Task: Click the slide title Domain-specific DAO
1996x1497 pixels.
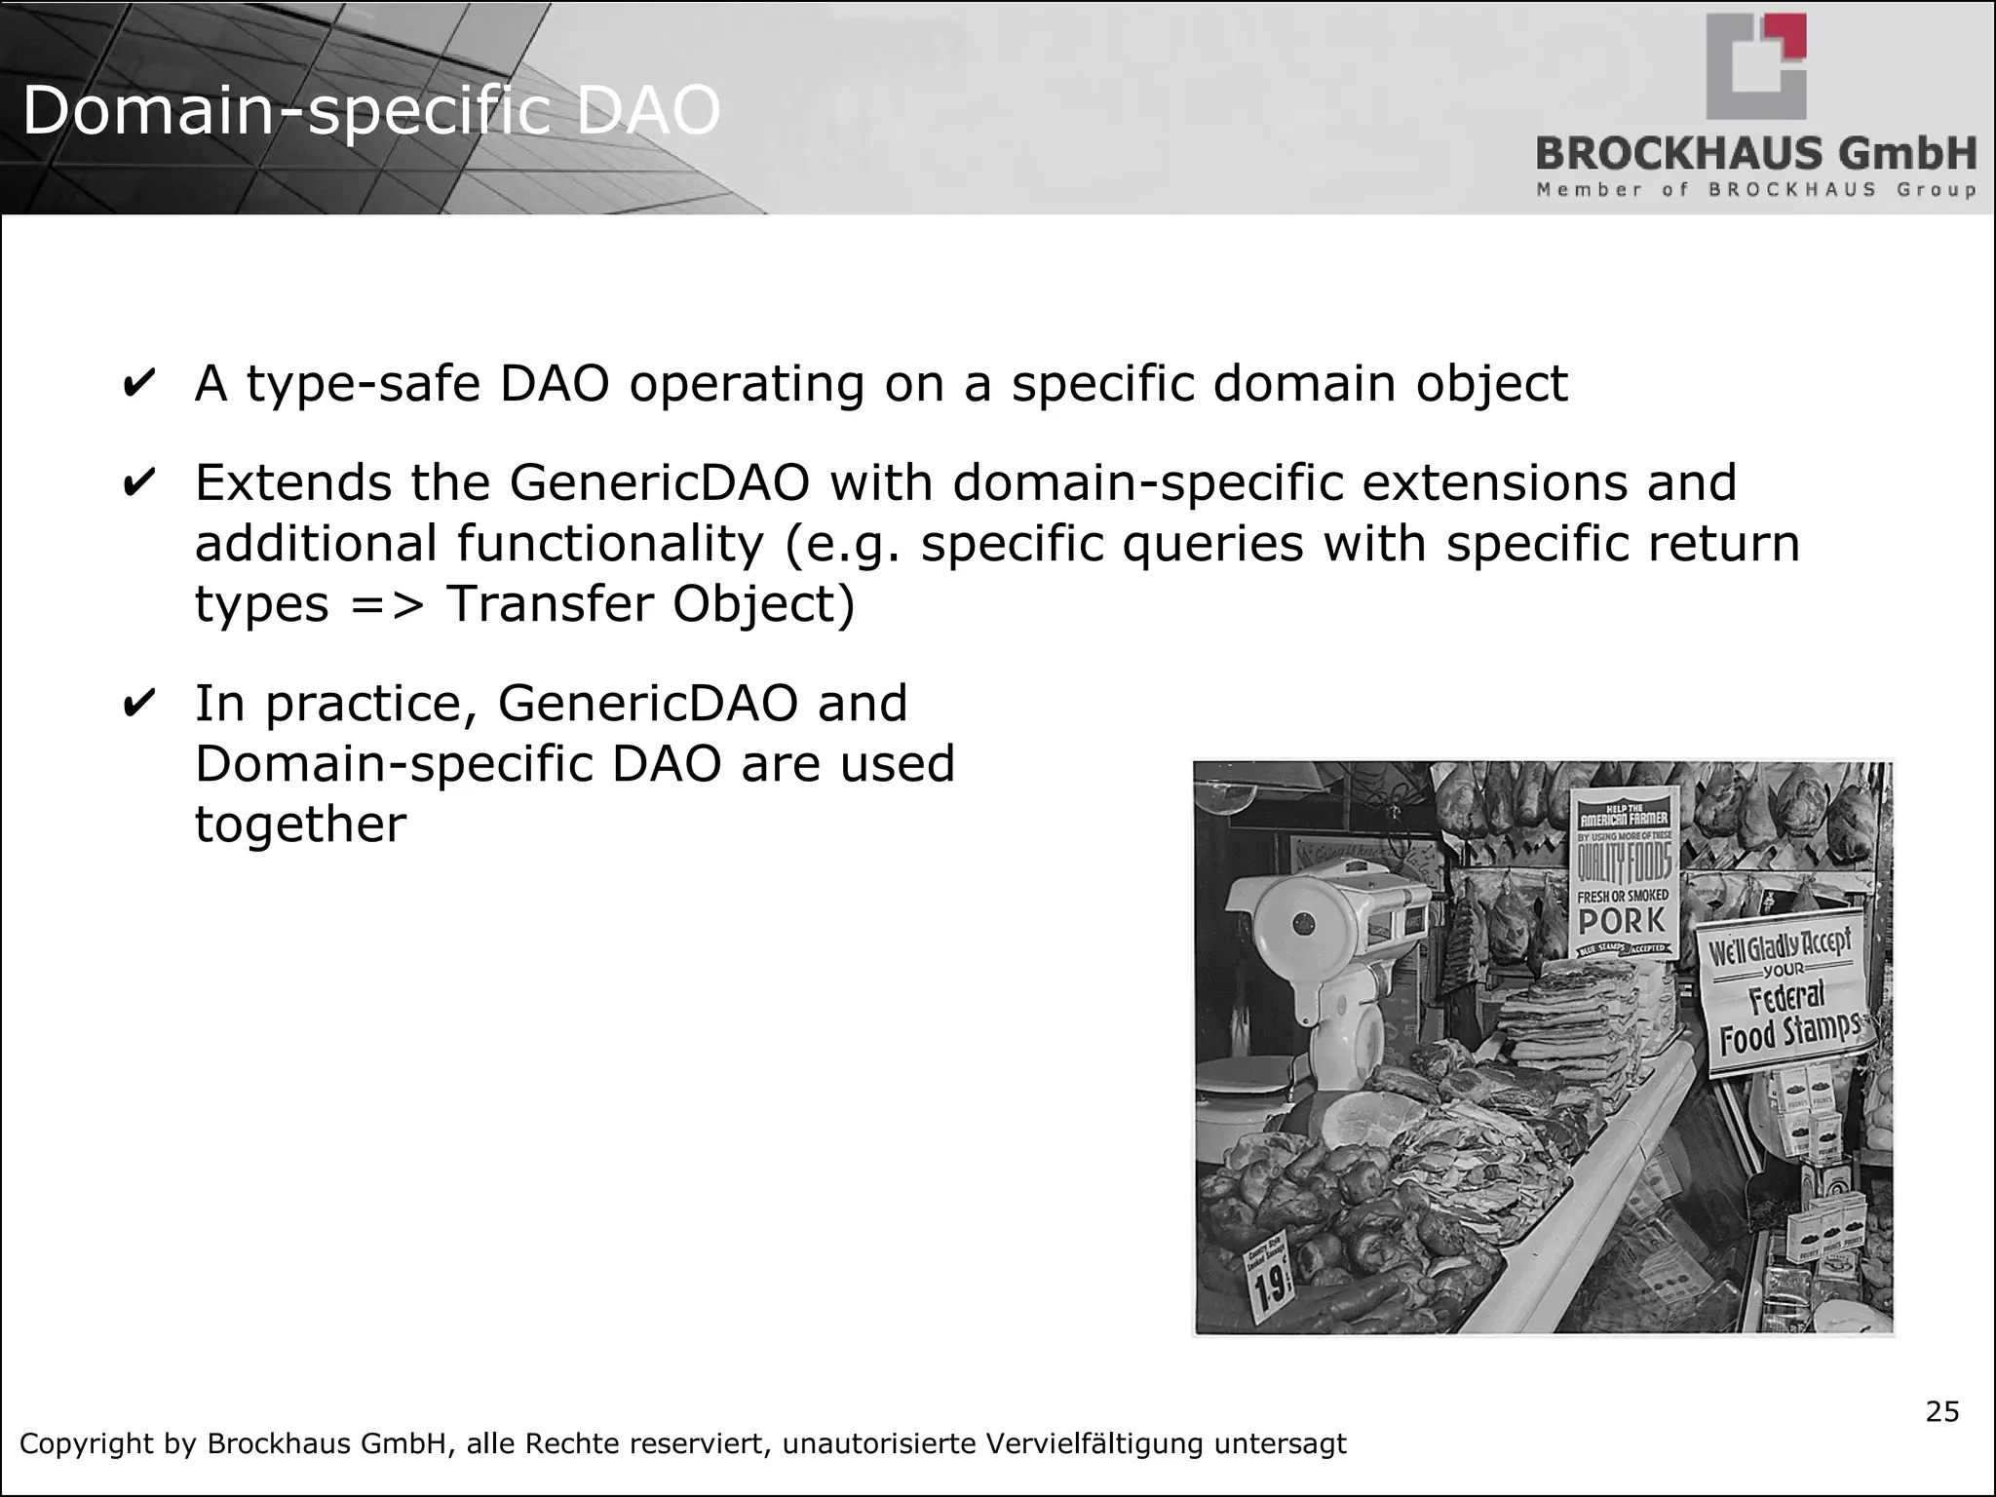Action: point(370,110)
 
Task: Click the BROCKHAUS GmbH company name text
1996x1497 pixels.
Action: point(1755,154)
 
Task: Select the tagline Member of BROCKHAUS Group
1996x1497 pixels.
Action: point(1755,190)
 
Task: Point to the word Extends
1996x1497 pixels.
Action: point(292,483)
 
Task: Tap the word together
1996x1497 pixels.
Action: point(300,825)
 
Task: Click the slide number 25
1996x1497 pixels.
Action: point(1941,1412)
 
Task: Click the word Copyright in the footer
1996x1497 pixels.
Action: point(85,1443)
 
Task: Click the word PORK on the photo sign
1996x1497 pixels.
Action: point(1623,920)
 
